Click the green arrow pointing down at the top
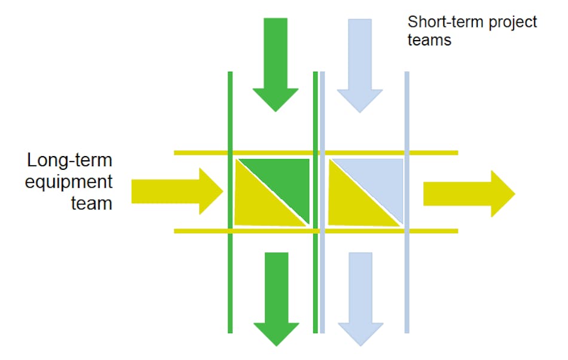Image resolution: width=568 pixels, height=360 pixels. coord(276,66)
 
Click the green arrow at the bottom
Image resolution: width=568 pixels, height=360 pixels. coord(276,299)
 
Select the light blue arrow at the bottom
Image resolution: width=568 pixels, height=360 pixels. coord(360,299)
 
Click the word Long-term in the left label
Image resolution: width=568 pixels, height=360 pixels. coord(70,160)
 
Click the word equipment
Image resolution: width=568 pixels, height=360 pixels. coord(68,182)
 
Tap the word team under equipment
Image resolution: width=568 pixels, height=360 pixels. coord(91,203)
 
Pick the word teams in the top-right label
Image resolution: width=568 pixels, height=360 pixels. coord(429,41)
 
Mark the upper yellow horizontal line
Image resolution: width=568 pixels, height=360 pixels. coord(197,153)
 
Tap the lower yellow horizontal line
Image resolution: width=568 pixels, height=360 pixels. coord(197,231)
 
